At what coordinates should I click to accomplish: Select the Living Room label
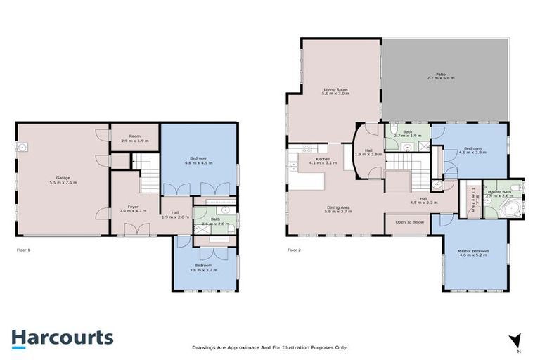pos(336,91)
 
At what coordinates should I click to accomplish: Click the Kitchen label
pos(323,161)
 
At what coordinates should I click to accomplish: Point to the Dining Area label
pos(338,209)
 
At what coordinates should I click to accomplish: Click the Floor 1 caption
pos(23,250)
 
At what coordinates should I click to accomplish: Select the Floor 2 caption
pos(295,250)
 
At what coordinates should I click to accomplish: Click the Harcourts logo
pos(62,337)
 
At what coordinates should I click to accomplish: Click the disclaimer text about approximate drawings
pos(270,347)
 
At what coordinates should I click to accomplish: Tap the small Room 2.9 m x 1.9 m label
pos(135,139)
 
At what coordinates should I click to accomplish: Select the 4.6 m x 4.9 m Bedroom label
pos(198,160)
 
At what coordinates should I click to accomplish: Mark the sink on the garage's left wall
pos(22,148)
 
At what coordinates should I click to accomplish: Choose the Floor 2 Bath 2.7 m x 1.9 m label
pos(407,134)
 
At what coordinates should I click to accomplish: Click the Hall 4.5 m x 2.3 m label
pos(423,200)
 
